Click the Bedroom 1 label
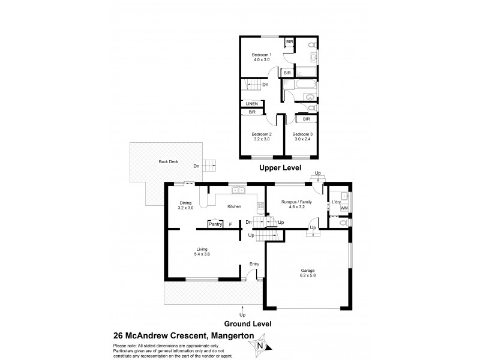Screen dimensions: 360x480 click(262, 55)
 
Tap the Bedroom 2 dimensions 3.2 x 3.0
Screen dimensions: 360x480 click(262, 139)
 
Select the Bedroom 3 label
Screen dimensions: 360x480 click(302, 134)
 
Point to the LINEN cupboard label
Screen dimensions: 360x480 click(252, 104)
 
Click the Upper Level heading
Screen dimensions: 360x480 click(280, 168)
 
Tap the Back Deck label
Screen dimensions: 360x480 click(169, 161)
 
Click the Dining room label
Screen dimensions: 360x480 click(186, 203)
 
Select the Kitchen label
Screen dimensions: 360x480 click(234, 206)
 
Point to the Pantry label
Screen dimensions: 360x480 click(215, 224)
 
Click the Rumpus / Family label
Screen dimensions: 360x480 click(296, 203)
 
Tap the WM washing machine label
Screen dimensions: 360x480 click(344, 208)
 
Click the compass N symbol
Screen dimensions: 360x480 click(259, 345)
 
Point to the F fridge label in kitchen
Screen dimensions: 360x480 click(230, 224)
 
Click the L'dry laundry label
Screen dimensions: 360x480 click(336, 202)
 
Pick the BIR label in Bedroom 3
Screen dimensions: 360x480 click(306, 119)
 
